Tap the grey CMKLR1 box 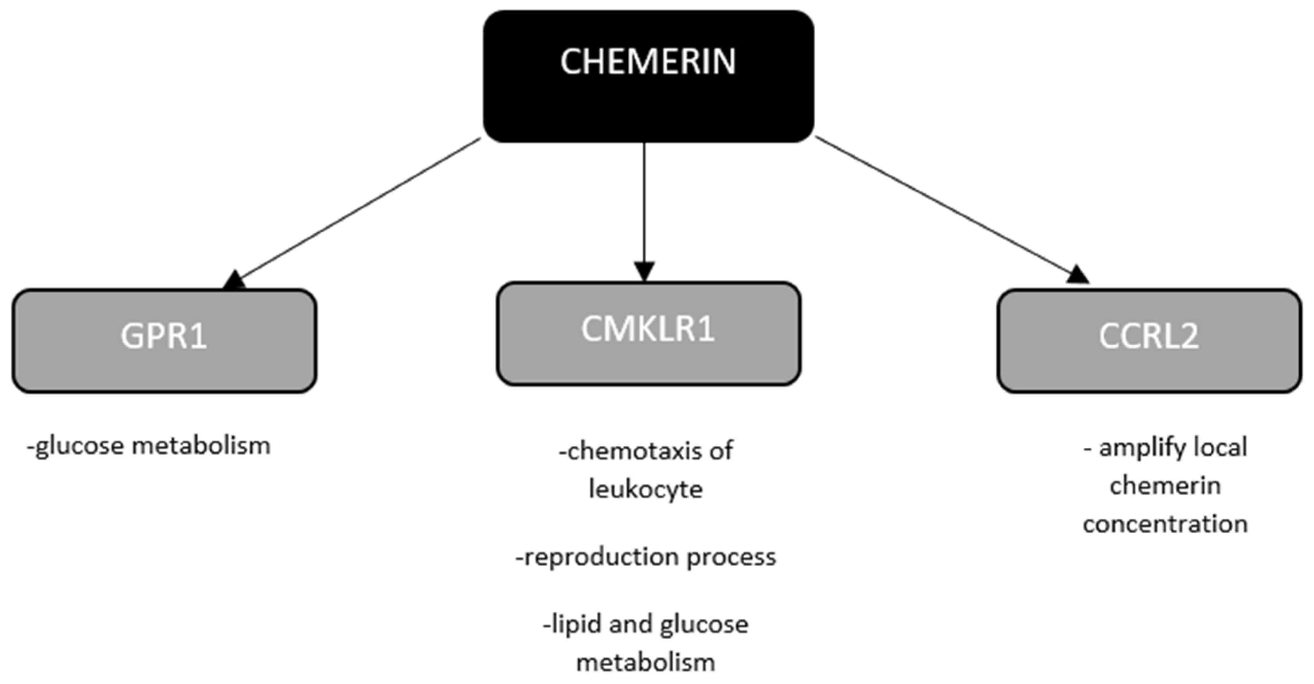[648, 333]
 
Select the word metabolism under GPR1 [201, 446]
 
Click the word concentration [1165, 524]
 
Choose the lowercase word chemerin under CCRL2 [1165, 485]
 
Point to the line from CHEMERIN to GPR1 [357, 209]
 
